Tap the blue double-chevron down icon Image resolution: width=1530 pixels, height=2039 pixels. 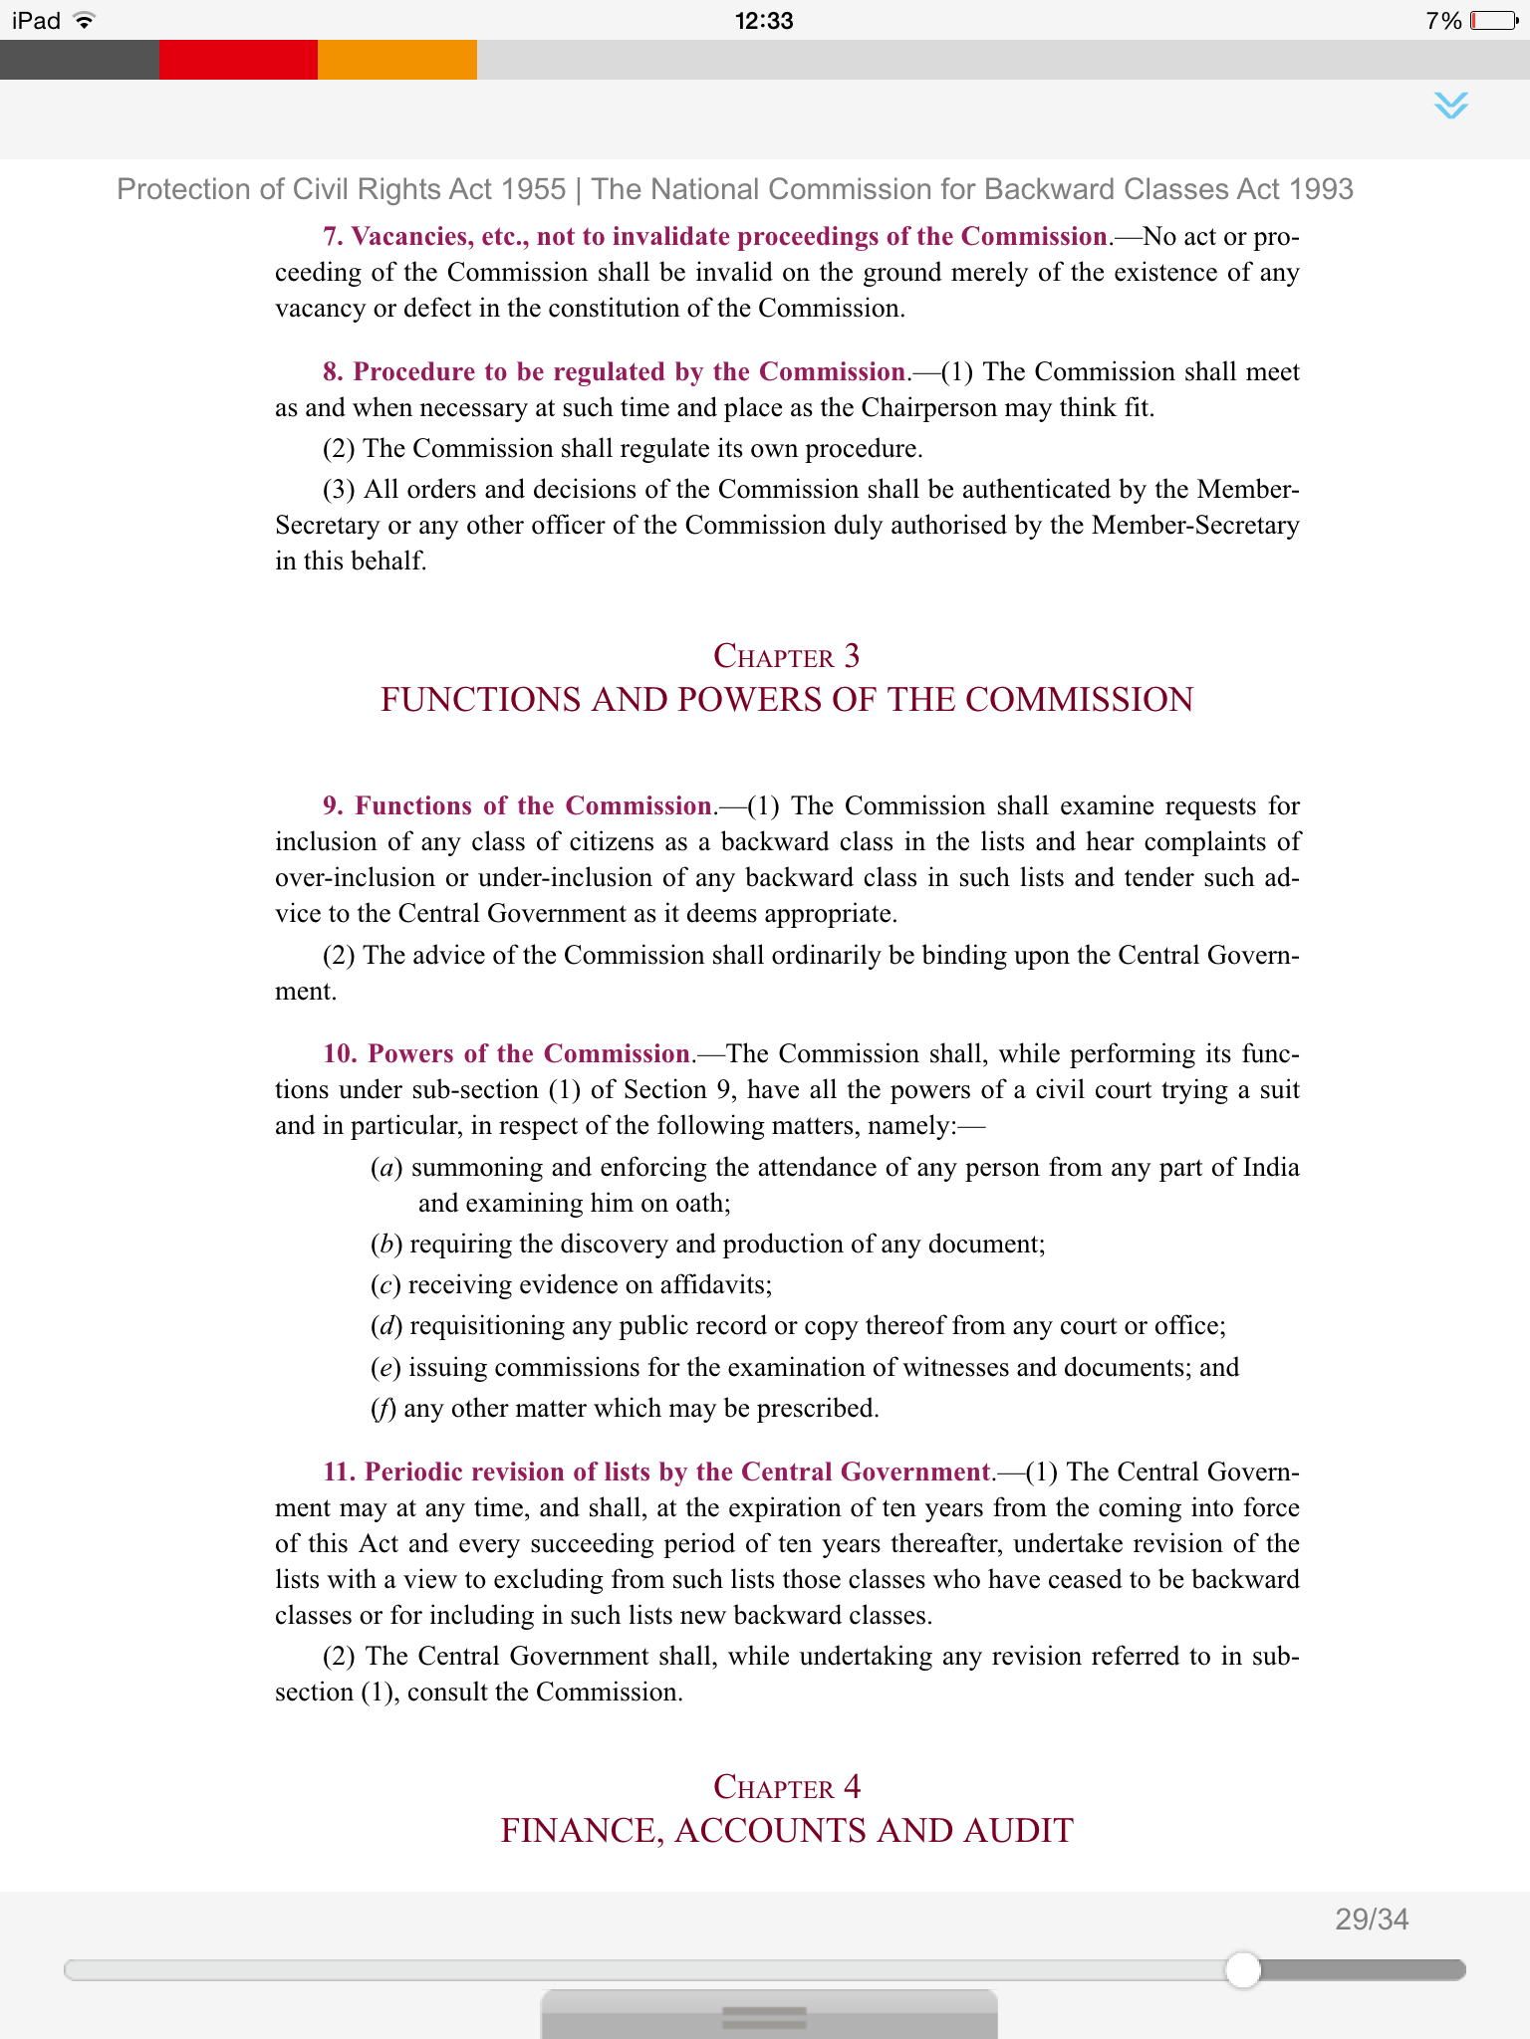(1451, 105)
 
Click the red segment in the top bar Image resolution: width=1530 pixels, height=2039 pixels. (238, 60)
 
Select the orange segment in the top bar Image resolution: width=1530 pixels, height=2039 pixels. (396, 60)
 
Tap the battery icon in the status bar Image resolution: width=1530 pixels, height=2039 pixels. (1493, 20)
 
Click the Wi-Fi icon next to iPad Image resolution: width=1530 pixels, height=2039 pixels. (85, 20)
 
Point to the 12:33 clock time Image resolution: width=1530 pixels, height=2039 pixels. (764, 20)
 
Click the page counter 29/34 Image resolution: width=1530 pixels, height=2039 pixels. (1372, 1920)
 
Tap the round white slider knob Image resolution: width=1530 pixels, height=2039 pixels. (1242, 1969)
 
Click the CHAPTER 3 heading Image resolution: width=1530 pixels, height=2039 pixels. (786, 656)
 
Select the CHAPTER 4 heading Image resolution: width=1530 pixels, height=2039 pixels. (786, 1787)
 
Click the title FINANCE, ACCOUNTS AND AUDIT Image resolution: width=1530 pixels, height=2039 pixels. (786, 1830)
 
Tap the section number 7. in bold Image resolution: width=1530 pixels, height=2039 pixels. (333, 236)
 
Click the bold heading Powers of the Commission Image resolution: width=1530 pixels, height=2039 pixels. (529, 1053)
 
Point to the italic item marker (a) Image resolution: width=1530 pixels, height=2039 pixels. (385, 1167)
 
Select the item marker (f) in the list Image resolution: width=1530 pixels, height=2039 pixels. (382, 1408)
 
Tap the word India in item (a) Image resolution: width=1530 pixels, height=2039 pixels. (1271, 1167)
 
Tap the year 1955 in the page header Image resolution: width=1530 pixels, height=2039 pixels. (534, 189)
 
